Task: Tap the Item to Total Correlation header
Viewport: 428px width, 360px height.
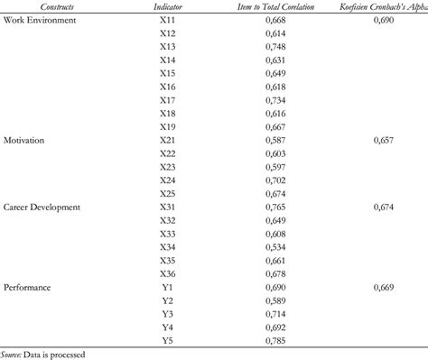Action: [274, 5]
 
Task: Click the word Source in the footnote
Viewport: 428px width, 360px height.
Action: [14, 354]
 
